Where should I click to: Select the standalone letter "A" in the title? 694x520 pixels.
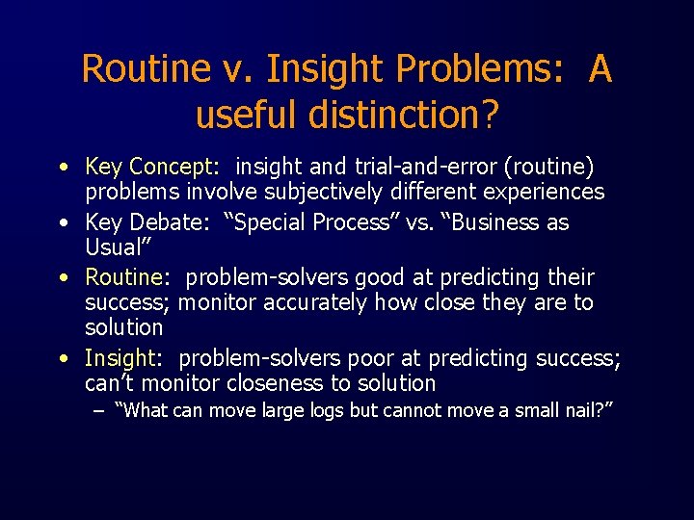click(600, 69)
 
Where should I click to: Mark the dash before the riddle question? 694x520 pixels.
click(99, 411)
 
